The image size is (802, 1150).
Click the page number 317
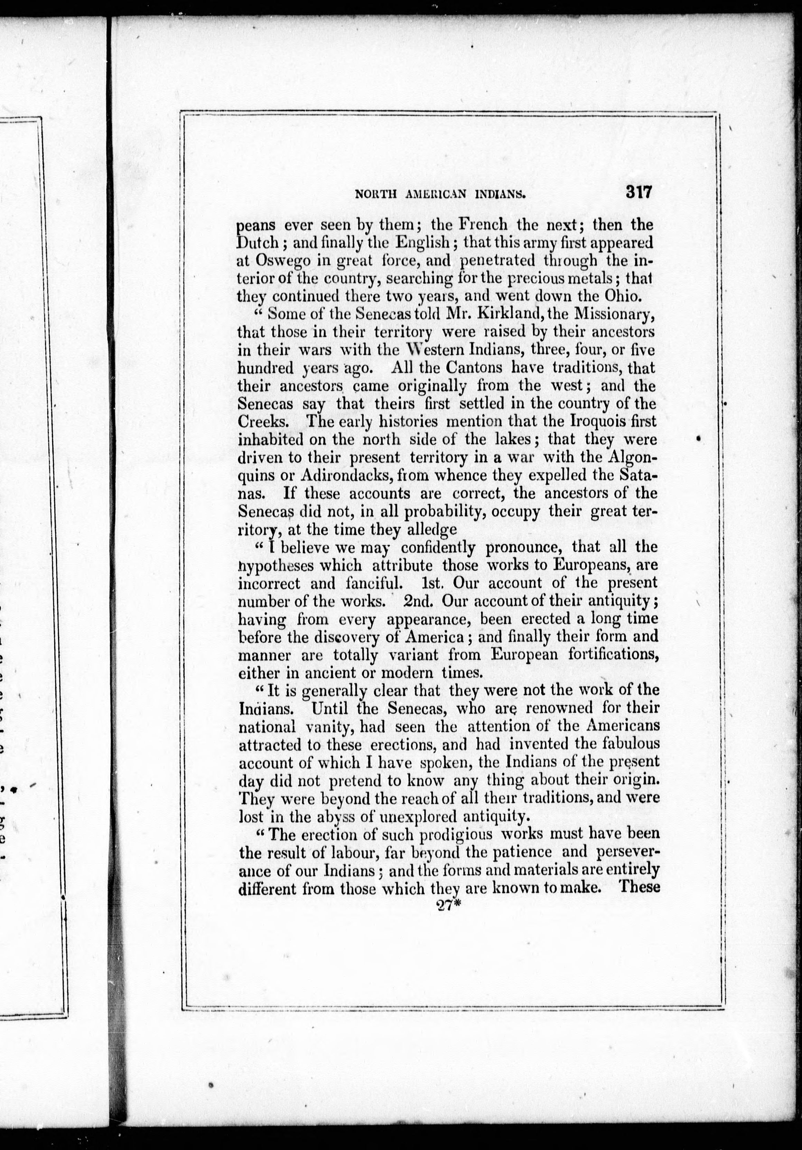[x=637, y=192]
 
